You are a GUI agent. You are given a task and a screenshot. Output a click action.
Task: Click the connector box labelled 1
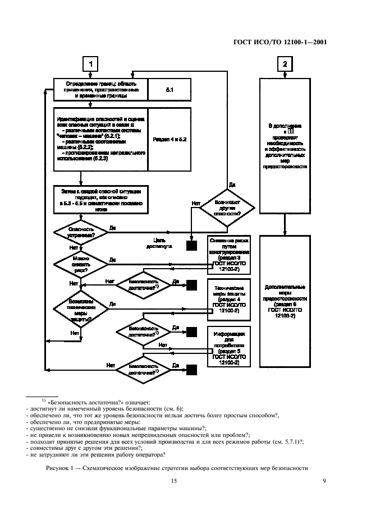[91, 64]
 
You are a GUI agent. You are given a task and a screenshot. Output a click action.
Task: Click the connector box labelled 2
[285, 64]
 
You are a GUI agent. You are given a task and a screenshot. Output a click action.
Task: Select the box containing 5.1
[170, 90]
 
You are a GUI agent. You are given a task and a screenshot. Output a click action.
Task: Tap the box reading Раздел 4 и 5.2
[170, 139]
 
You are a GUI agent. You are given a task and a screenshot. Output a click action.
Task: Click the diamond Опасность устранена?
[80, 232]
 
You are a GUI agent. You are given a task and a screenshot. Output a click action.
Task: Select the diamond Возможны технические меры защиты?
[80, 308]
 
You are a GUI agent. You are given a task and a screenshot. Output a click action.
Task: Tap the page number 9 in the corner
[324, 480]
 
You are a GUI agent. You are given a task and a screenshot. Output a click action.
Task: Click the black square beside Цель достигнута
[192, 245]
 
